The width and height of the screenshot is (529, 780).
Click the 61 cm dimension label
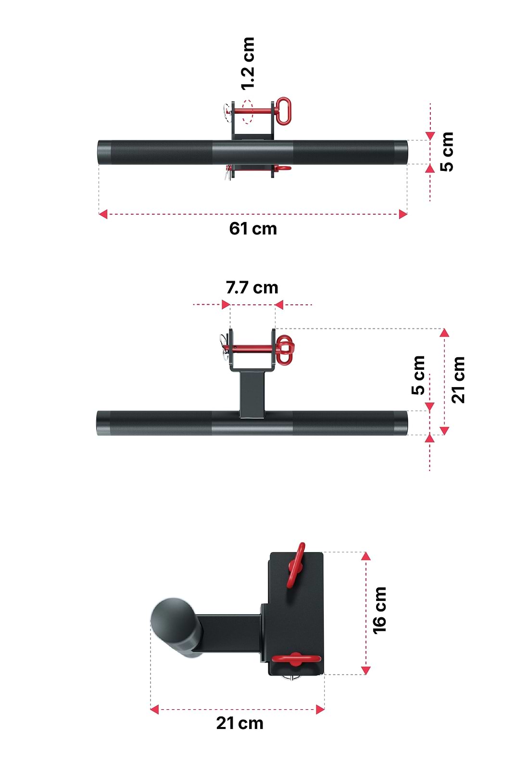pos(253,229)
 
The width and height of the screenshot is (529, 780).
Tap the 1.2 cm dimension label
pos(248,64)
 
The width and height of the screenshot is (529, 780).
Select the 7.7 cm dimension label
pos(252,287)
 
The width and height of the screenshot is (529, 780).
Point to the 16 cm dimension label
pos(379,610)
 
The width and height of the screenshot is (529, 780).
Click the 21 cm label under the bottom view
pos(239,723)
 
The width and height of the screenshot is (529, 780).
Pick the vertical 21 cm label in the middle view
pos(458,380)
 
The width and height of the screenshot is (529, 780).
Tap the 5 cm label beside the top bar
pos(447,152)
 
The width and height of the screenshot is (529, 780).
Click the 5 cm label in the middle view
pos(418,376)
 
